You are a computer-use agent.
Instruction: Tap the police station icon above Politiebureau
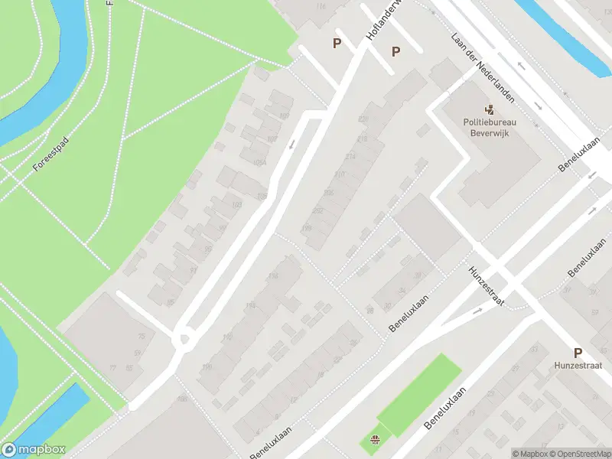490,109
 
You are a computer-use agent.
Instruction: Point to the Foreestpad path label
51,155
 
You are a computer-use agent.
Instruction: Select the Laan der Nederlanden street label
483,68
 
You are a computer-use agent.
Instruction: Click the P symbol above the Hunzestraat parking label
578,353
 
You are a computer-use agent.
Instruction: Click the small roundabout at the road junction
183,339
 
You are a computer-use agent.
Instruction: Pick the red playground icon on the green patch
375,440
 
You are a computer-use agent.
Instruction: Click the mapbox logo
33,450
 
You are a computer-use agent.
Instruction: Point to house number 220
363,119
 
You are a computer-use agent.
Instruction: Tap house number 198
308,228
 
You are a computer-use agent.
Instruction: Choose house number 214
350,156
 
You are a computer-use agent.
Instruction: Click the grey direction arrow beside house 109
291,143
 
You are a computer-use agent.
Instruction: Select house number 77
112,368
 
